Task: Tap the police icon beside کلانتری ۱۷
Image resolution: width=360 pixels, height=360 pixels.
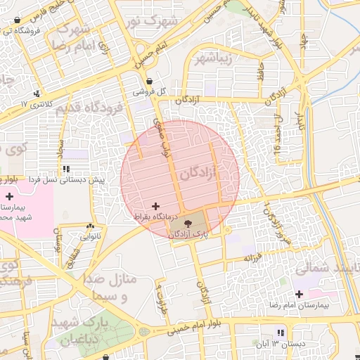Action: pos(37,93)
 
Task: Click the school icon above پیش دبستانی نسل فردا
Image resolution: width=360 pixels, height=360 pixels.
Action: pos(66,169)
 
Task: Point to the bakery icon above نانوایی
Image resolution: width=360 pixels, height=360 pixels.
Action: pos(89,226)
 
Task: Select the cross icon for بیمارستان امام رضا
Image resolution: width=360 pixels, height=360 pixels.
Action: pos(300,294)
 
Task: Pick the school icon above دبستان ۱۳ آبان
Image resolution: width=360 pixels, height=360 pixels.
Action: pos(281,333)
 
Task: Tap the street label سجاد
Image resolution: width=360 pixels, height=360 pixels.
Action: pos(62,149)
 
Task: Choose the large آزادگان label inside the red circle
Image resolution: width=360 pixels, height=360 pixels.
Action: pos(200,172)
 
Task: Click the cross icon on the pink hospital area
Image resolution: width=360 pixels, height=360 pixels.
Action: pos(9,196)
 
